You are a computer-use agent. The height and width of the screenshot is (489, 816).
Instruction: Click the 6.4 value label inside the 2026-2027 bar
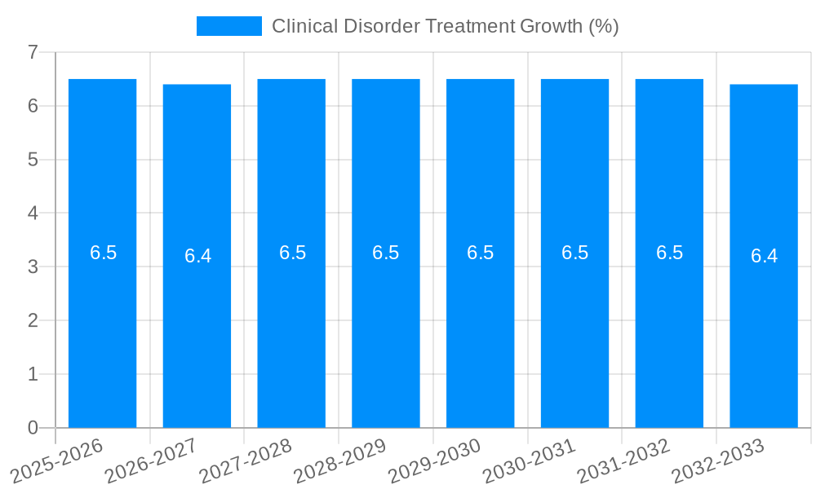pos(197,256)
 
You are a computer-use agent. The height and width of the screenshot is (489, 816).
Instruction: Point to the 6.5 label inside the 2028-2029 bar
pos(386,253)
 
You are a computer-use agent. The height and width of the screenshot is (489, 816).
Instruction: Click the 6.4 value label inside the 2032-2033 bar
pos(764,256)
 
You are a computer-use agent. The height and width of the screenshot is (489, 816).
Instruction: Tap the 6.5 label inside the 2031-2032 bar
pos(669,253)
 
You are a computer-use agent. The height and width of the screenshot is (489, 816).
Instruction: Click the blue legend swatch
pos(228,26)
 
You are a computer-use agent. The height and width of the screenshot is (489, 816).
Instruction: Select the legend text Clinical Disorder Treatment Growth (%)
pos(445,26)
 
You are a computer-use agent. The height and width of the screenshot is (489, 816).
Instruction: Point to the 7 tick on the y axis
pos(33,52)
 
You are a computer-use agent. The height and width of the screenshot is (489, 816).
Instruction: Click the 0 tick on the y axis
pos(33,428)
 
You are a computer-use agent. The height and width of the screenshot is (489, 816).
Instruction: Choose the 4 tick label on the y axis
pos(33,214)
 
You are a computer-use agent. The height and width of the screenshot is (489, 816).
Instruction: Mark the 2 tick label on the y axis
pos(33,320)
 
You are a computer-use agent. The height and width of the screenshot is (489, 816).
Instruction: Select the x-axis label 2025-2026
pos(57,460)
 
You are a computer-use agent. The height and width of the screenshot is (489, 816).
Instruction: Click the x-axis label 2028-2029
pos(341,460)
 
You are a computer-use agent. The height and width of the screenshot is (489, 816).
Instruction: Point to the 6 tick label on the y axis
pos(33,106)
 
